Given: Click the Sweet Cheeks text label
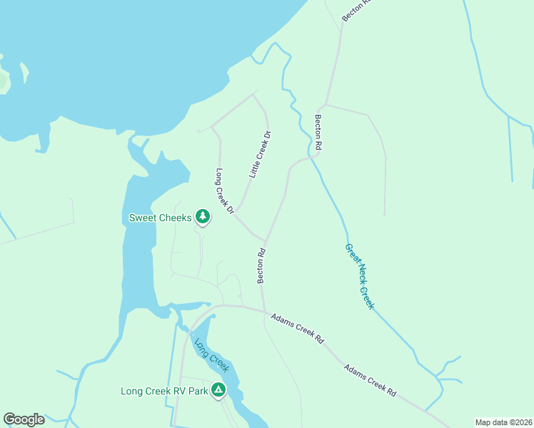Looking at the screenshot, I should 160,218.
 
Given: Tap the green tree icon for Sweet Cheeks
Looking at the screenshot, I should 203,217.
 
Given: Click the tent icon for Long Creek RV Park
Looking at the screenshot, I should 218,390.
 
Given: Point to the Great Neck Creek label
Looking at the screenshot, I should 359,276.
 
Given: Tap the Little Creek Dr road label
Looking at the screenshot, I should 260,154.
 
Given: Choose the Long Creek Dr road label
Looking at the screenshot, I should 225,191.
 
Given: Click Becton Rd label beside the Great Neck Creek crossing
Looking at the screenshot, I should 318,132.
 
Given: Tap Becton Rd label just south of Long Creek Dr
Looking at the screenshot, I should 261,265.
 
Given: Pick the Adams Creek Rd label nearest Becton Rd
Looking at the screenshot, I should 297,327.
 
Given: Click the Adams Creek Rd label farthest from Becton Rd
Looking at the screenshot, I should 370,380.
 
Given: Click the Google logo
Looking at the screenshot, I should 24,419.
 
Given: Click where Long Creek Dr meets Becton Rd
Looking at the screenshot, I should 266,240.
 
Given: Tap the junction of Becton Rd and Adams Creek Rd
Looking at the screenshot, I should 264,311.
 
